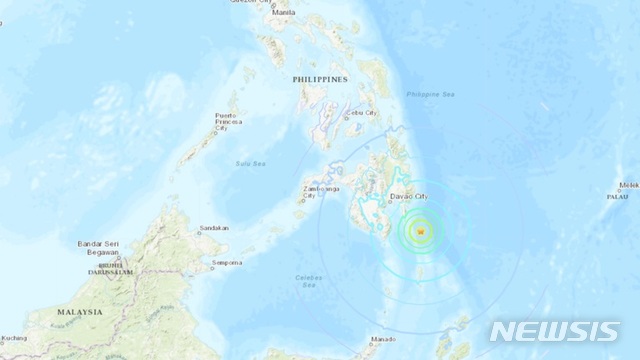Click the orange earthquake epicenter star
coord(421,232)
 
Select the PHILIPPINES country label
coord(319,77)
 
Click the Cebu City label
coord(363,114)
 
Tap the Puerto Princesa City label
coord(230,122)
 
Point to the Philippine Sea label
coord(429,95)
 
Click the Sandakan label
coord(214,228)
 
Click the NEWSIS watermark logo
coord(555,331)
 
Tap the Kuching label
coord(14,339)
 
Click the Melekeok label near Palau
coord(629,185)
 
